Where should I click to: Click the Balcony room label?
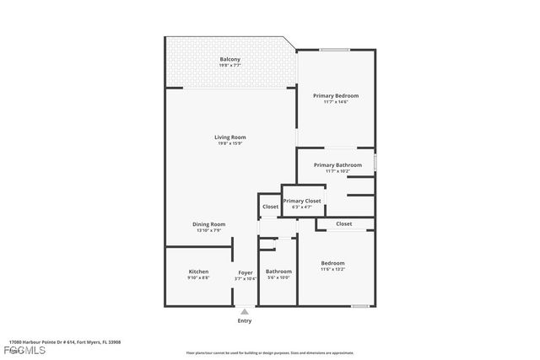click(230, 59)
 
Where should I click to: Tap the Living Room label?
click(229, 137)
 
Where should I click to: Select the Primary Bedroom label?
click(336, 96)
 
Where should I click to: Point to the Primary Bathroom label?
click(337, 165)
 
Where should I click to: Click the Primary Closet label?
click(302, 201)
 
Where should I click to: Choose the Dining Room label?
click(208, 224)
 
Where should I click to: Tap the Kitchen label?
click(198, 271)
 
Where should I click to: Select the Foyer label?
click(245, 272)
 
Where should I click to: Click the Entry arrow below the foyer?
click(245, 311)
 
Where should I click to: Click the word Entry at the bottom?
click(245, 320)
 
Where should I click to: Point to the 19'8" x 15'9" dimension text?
click(229, 143)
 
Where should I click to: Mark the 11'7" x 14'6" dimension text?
click(336, 102)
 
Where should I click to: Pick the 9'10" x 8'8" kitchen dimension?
click(198, 277)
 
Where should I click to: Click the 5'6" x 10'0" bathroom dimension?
click(278, 277)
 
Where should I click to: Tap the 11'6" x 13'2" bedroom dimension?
click(332, 270)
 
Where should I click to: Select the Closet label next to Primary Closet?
click(270, 207)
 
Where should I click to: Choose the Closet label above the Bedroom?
click(343, 224)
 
